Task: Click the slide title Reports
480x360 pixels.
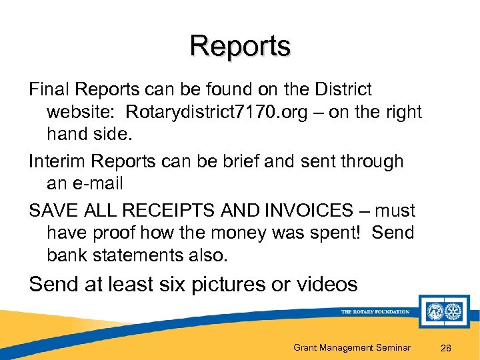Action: click(x=240, y=47)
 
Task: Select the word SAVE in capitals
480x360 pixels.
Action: click(x=53, y=211)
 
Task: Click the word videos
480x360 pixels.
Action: click(x=327, y=285)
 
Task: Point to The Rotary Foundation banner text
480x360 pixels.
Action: click(x=375, y=311)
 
